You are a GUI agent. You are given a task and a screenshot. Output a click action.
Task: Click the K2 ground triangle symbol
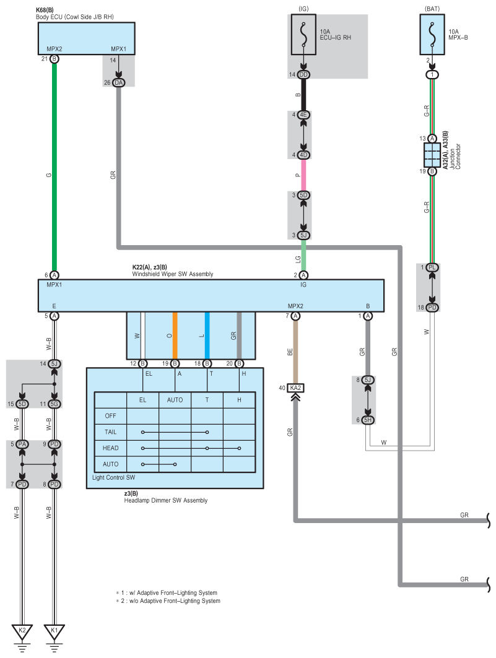(22, 631)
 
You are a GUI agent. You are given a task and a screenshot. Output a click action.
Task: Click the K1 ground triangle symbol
(54, 631)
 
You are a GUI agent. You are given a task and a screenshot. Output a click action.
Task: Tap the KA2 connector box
(295, 388)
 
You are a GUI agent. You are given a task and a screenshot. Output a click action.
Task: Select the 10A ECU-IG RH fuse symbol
(303, 34)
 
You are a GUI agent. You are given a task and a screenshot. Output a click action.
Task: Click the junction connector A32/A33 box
(432, 155)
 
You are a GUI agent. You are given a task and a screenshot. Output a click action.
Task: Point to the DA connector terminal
(119, 82)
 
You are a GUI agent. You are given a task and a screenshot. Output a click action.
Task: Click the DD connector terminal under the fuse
(303, 74)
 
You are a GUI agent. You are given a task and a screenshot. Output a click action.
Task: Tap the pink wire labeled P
(303, 175)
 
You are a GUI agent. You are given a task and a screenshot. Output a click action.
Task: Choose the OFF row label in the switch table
(111, 416)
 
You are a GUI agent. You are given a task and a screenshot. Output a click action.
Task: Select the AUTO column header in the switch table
(175, 400)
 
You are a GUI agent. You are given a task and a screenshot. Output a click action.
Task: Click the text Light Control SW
(114, 478)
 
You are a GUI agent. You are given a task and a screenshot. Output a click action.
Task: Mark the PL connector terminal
(432, 267)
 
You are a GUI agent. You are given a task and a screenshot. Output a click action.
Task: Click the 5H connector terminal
(368, 420)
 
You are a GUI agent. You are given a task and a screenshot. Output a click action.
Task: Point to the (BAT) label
(432, 8)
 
